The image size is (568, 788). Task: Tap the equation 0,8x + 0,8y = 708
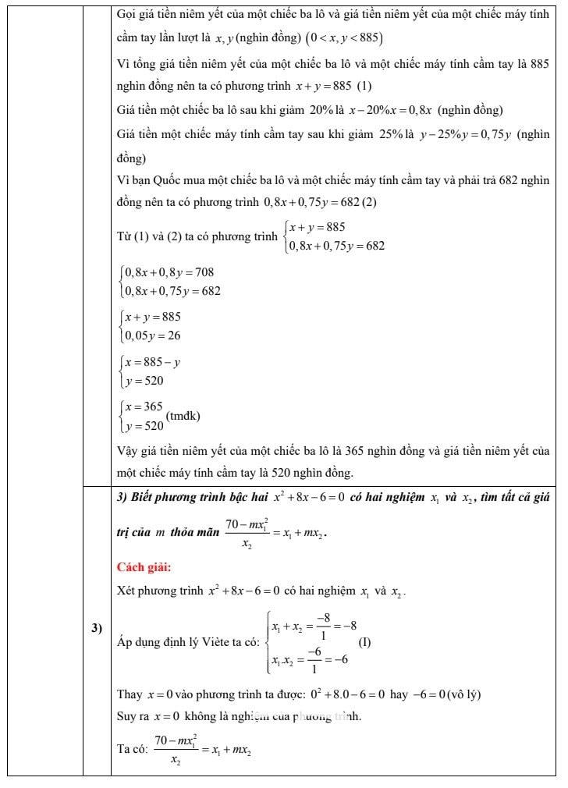pyautogui.click(x=169, y=272)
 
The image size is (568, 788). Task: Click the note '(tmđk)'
pyautogui.click(x=184, y=416)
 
